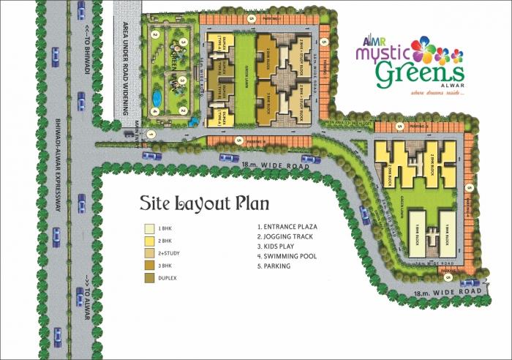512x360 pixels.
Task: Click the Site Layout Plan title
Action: (204, 203)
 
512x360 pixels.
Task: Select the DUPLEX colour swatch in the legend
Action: (149, 278)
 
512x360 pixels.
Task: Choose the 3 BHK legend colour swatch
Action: (149, 266)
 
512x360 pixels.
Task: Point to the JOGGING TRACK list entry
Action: (288, 237)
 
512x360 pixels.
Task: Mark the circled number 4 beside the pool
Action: (154, 111)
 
